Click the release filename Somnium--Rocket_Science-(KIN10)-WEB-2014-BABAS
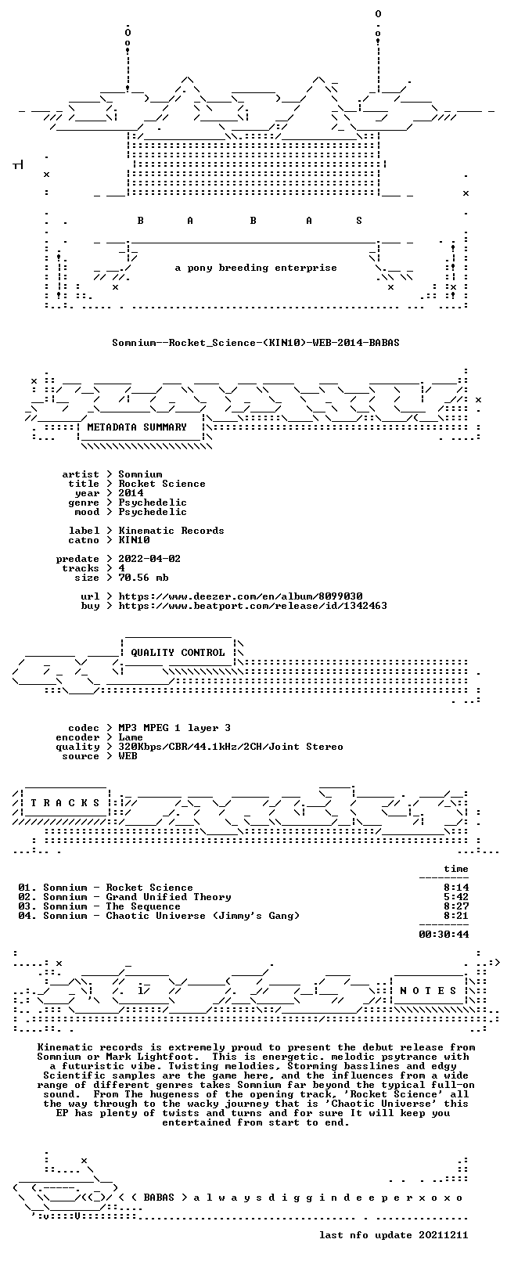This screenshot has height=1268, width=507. click(x=256, y=343)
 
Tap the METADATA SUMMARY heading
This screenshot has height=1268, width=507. click(x=137, y=427)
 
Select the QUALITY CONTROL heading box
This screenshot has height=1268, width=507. click(x=178, y=652)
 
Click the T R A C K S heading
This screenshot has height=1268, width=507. click(x=65, y=803)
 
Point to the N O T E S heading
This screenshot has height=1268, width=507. click(x=428, y=991)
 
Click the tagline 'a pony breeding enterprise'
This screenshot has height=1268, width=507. click(x=256, y=268)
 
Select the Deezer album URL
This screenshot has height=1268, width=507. click(x=240, y=596)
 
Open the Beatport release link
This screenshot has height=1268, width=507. click(x=253, y=606)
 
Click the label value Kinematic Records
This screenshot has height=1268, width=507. click(x=171, y=531)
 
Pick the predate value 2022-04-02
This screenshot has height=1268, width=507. click(x=149, y=559)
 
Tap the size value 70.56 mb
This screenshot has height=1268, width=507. click(x=143, y=578)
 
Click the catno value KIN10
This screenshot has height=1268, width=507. click(x=134, y=540)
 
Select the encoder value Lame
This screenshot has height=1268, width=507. click(x=131, y=737)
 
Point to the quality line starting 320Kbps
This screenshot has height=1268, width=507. click(x=231, y=747)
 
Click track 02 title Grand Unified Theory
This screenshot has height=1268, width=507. click(x=169, y=897)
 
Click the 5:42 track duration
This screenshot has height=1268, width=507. click(x=456, y=897)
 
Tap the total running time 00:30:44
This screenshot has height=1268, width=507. click(x=444, y=935)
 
